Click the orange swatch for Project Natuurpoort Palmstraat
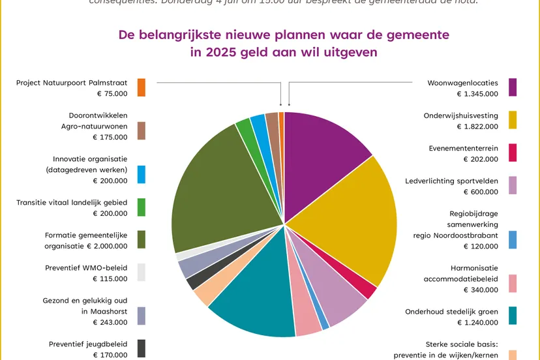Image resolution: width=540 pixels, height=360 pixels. [142, 87]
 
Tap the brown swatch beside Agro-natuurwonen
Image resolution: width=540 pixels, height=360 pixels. [142, 131]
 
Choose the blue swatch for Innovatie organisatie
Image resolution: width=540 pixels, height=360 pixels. [142, 174]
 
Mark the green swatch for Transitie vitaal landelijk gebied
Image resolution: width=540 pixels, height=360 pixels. [142, 207]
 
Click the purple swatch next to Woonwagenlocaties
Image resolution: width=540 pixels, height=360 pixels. [513, 87]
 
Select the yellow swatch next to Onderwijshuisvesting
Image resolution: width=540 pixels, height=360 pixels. [513, 120]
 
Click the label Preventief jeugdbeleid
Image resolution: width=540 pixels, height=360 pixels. [88, 344]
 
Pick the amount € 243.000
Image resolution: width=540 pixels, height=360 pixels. [110, 322]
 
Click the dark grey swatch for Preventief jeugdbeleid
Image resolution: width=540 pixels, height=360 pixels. [142, 348]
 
